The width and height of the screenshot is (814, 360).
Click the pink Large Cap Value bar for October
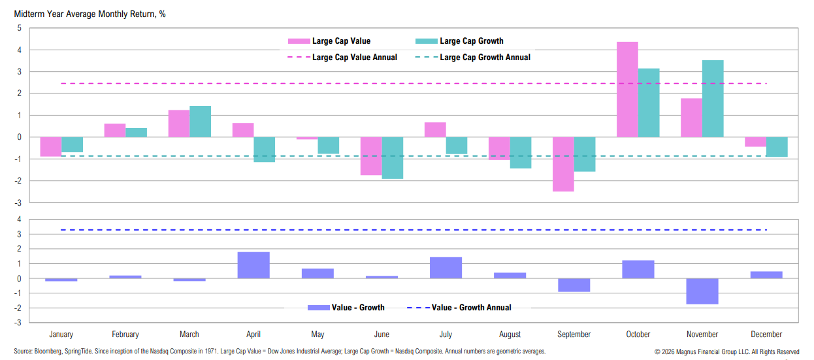pos(627,90)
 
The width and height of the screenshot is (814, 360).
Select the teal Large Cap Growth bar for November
pos(713,99)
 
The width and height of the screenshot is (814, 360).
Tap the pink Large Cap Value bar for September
pos(563,164)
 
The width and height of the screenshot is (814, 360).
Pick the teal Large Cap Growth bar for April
pos(264,149)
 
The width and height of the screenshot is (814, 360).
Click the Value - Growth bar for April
pos(253,265)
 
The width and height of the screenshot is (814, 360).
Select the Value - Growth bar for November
pos(702,291)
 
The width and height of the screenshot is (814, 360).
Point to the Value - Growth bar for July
pos(446,268)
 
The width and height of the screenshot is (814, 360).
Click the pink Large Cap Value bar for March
pos(179,123)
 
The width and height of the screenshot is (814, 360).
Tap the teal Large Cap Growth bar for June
pos(392,157)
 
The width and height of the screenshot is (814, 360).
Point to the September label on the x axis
pos(574,335)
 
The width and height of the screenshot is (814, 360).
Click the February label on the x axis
pos(125,335)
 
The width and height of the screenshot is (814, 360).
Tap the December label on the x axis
pos(766,335)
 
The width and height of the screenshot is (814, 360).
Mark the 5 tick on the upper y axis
pos(20,28)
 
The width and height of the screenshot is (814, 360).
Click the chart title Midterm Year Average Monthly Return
pos(90,14)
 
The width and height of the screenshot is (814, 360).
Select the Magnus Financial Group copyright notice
pos(726,352)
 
